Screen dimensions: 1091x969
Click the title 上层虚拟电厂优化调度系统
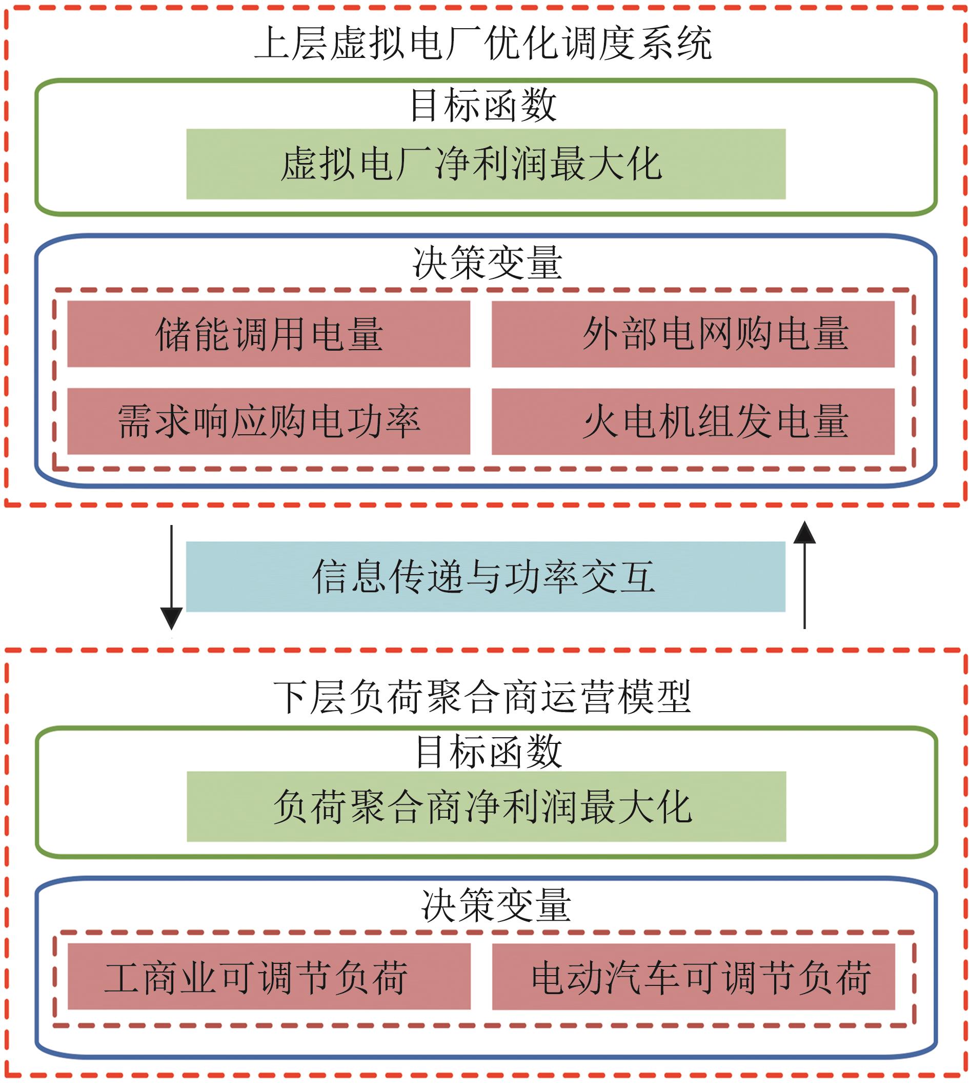[483, 44]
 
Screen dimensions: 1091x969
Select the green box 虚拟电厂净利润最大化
[486, 164]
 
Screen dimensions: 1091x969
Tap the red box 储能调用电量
[269, 334]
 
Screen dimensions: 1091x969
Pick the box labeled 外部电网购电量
[693, 334]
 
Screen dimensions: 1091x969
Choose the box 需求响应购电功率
[269, 421]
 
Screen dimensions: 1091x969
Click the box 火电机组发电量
[693, 421]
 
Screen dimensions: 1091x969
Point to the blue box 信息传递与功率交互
[486, 576]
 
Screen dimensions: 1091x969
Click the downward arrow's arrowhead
[171, 618]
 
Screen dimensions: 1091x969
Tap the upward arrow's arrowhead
[804, 533]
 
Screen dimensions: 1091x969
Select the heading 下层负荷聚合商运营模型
[483, 697]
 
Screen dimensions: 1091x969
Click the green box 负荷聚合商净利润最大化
[487, 806]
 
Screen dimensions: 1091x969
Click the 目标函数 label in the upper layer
[483, 105]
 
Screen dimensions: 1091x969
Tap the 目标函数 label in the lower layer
[489, 751]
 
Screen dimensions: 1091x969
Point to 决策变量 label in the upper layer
[487, 262]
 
